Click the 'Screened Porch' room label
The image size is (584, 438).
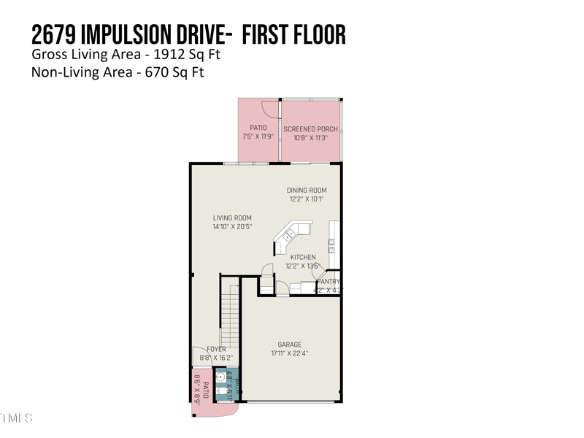coord(310,128)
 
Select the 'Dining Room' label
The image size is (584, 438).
coord(306,191)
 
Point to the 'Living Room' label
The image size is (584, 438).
coord(232,218)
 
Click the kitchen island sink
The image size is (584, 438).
coord(289,235)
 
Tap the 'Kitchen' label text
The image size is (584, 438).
coord(303,257)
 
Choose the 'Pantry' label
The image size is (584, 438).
coord(328,282)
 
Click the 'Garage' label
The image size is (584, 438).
coord(289,345)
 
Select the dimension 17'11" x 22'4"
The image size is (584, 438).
coord(289,353)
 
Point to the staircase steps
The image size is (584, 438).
coord(230,314)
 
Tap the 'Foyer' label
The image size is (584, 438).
coord(216,349)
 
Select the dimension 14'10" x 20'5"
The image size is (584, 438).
coord(232,227)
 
